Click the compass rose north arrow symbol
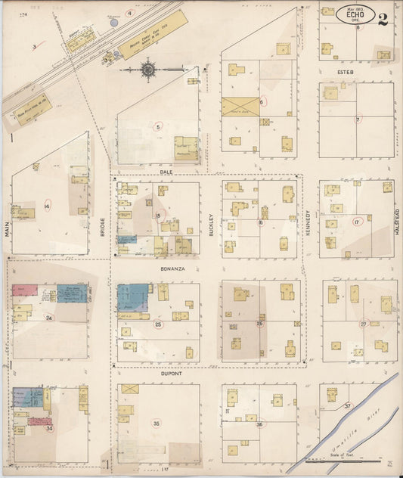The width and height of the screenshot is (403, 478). pyautogui.click(x=148, y=71)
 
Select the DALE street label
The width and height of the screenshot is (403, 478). pyautogui.click(x=166, y=172)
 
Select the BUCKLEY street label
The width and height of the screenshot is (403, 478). pyautogui.click(x=212, y=225)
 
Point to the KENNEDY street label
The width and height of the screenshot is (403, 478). pyautogui.click(x=308, y=224)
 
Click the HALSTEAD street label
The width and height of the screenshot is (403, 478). pyautogui.click(x=396, y=222)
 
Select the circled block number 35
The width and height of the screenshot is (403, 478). pyautogui.click(x=157, y=424)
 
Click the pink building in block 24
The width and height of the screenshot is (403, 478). pyautogui.click(x=25, y=290)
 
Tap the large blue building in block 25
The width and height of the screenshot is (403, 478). pyautogui.click(x=134, y=296)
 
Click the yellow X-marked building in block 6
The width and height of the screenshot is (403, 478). pyautogui.click(x=240, y=107)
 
